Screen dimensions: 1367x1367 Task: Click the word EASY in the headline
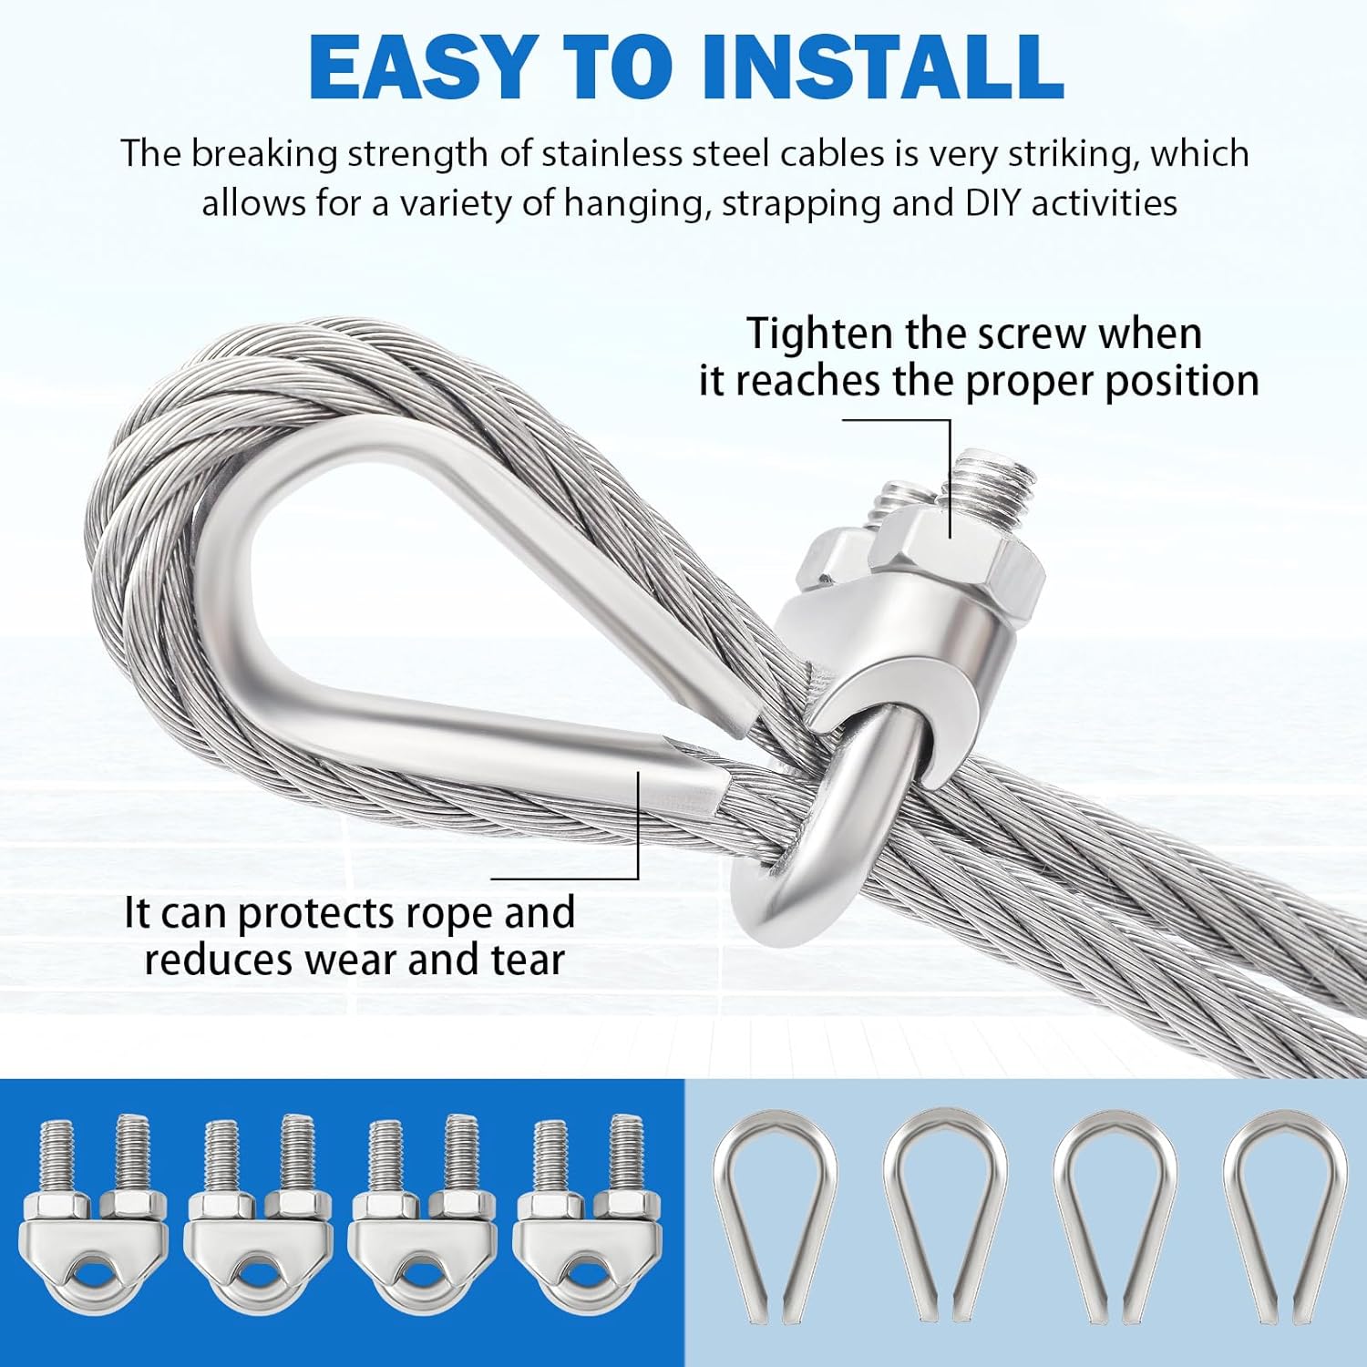[420, 67]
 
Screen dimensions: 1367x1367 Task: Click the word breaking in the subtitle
[264, 153]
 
